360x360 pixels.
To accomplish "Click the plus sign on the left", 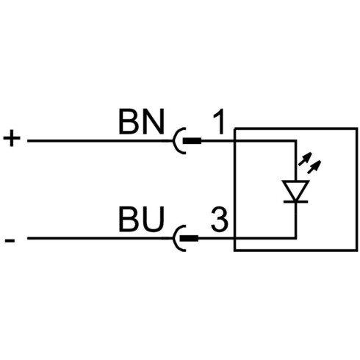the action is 12,138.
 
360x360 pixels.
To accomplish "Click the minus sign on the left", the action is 10,240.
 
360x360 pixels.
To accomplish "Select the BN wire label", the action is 141,122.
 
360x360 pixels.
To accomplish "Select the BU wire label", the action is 141,219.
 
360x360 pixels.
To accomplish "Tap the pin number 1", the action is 219,122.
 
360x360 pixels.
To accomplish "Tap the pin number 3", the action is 220,220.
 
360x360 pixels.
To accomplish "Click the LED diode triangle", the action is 295,191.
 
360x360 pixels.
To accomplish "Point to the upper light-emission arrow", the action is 305,159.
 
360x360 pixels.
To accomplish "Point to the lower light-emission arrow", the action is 314,167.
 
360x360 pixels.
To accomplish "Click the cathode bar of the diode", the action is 295,201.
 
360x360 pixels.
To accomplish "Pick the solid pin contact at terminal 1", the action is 192,141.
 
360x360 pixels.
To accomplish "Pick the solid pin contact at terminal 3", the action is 189,238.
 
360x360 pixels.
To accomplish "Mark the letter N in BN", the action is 153,122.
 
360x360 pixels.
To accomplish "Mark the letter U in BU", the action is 153,219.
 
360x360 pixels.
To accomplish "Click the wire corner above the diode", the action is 295,141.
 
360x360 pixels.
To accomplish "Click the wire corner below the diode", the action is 295,238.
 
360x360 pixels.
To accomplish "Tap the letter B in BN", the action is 129,122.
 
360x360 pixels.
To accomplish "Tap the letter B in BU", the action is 129,219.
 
